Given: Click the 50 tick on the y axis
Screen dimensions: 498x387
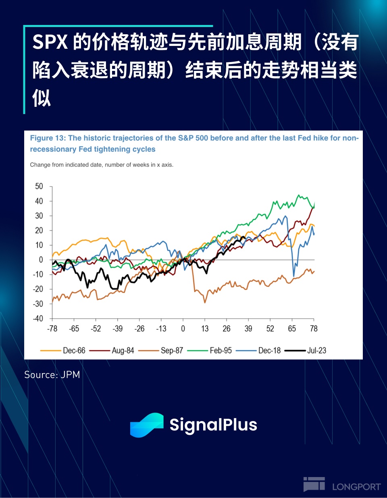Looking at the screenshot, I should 39,186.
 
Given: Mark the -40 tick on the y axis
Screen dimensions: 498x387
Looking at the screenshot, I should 38,319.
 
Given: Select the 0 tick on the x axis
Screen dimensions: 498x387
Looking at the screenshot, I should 183,329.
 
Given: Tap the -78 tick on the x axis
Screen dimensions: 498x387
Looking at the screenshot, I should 52,329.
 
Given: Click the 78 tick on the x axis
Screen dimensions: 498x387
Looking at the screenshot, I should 314,329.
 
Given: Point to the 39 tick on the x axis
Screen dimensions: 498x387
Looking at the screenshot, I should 248,329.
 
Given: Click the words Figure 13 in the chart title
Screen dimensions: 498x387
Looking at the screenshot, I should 48,138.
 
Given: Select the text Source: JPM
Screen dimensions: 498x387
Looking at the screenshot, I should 52,375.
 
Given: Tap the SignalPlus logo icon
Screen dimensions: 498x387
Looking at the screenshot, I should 147,425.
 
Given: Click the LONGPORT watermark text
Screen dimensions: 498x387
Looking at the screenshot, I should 356,487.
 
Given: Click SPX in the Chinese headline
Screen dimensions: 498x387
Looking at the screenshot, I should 50,42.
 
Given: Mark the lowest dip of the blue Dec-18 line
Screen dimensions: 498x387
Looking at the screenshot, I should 294,276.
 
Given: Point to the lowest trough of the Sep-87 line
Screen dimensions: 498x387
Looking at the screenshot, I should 205,302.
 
